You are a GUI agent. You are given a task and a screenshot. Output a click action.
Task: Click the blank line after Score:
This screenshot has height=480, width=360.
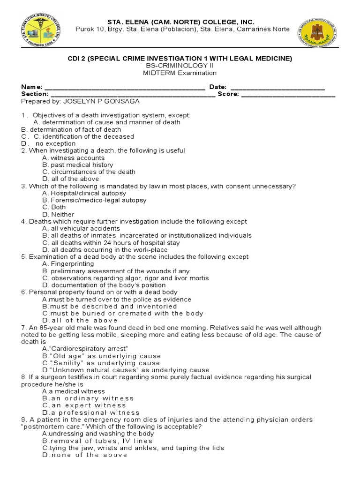point(288,94)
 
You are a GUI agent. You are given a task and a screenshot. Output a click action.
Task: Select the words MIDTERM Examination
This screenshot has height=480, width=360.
point(180,73)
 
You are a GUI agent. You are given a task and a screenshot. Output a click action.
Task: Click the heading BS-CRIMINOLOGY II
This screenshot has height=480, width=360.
point(180,66)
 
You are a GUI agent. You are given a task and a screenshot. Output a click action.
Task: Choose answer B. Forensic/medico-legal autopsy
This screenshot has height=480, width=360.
point(94,200)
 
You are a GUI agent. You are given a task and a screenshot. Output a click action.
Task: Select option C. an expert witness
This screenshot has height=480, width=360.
point(84,405)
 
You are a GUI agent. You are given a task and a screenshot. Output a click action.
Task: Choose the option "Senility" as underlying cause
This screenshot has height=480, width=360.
point(101,363)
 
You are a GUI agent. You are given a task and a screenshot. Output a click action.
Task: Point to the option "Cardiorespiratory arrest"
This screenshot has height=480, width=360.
point(85,349)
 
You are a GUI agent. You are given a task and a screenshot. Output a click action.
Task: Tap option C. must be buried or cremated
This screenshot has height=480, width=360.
point(122,313)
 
